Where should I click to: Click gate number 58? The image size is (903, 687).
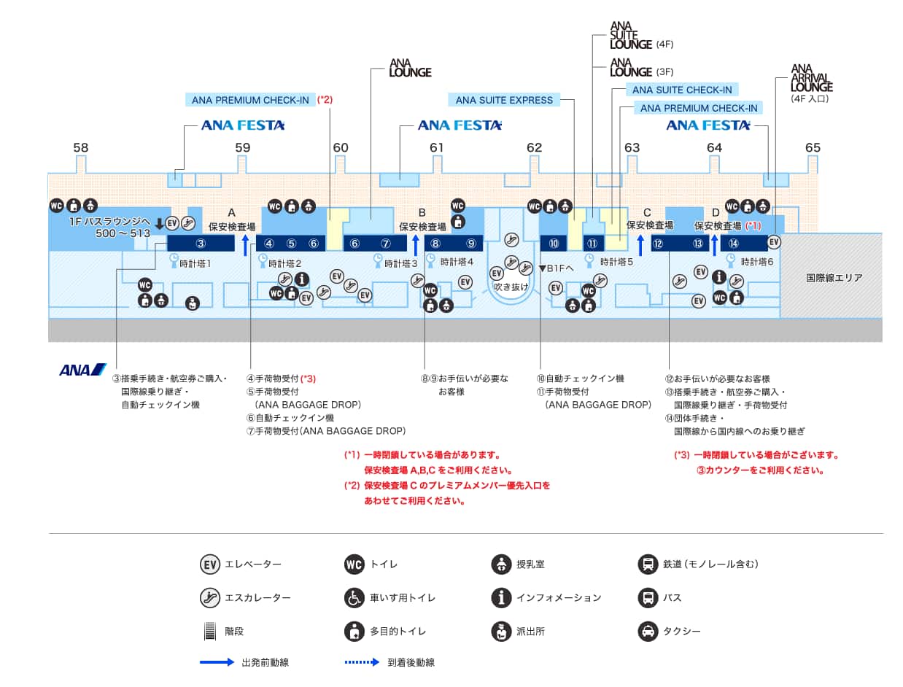(x=80, y=147)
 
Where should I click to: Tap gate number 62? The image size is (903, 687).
(x=534, y=147)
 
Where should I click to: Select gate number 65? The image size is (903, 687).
(x=813, y=147)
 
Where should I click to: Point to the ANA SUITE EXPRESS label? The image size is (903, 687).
(x=504, y=100)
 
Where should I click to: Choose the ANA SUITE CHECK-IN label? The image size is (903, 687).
(x=681, y=90)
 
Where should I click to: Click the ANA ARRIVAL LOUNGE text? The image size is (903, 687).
(x=812, y=78)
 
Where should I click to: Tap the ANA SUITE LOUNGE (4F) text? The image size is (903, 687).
(x=632, y=34)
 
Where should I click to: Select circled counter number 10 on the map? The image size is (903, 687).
(x=554, y=244)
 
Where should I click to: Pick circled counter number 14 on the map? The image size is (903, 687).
(x=734, y=244)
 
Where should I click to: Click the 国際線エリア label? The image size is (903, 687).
(x=834, y=278)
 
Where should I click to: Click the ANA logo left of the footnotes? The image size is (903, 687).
(x=82, y=370)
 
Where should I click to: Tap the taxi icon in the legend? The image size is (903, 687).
(x=647, y=631)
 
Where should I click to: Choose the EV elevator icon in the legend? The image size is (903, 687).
(x=210, y=564)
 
